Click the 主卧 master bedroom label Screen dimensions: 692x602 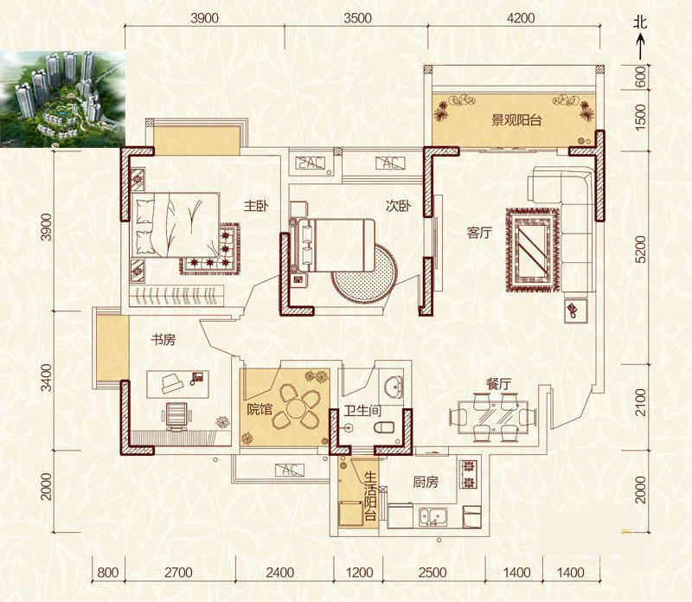click(x=256, y=206)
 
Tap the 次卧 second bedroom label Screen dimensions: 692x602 click(x=399, y=206)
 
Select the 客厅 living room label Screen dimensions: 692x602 click(x=479, y=233)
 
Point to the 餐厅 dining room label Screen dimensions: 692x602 click(x=498, y=384)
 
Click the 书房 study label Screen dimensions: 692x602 click(x=163, y=339)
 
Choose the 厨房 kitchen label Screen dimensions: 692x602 click(x=426, y=482)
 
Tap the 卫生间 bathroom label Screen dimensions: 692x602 click(x=362, y=412)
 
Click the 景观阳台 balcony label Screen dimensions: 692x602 click(x=516, y=120)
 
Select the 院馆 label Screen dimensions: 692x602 click(x=259, y=409)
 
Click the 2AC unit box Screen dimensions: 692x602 click(x=310, y=163)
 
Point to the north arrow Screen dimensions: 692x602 click(x=640, y=48)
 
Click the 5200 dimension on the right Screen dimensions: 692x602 click(x=640, y=249)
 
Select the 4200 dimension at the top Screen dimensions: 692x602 click(x=521, y=18)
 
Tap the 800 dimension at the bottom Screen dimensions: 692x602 click(x=107, y=573)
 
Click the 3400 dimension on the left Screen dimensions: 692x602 click(x=46, y=378)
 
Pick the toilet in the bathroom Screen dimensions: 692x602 click(x=383, y=427)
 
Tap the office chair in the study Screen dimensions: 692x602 click(x=176, y=416)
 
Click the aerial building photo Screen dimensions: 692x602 click(x=62, y=99)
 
